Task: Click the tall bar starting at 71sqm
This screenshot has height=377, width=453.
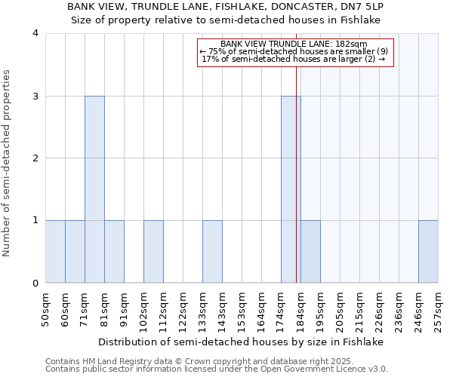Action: (x=94, y=189)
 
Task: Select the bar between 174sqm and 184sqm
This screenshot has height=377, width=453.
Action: (x=291, y=189)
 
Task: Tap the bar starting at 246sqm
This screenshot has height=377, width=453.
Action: (x=428, y=252)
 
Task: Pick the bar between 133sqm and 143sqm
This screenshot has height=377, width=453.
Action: (x=212, y=252)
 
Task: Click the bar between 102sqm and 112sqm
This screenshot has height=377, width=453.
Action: (x=153, y=252)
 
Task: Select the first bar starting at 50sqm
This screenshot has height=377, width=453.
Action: (x=55, y=252)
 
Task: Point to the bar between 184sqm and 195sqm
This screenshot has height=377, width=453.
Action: (x=310, y=252)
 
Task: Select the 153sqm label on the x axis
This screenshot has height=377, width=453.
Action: (x=242, y=309)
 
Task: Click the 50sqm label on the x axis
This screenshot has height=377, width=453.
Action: (x=45, y=309)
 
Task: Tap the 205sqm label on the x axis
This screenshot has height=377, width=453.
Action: (x=340, y=309)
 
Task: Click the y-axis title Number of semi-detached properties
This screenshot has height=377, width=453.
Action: (x=8, y=163)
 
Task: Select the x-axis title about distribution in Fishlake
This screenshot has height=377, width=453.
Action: (x=242, y=342)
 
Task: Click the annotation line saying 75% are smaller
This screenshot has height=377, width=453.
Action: (x=294, y=51)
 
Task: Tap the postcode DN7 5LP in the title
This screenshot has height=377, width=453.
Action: (x=363, y=7)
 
